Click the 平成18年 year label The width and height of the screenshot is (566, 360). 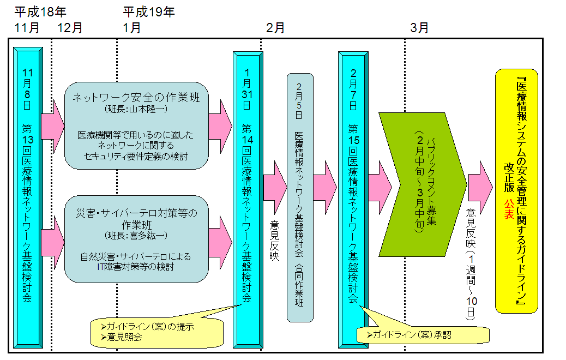pyautogui.click(x=41, y=11)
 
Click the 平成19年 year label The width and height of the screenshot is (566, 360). pyautogui.click(x=148, y=11)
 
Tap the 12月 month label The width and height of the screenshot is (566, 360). pyautogui.click(x=70, y=27)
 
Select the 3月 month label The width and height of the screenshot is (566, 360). pyautogui.click(x=419, y=27)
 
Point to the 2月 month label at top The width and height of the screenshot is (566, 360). pyautogui.click(x=275, y=27)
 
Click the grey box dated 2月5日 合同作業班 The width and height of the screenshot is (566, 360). pyautogui.click(x=300, y=196)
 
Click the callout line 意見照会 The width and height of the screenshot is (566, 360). pyautogui.click(x=125, y=338)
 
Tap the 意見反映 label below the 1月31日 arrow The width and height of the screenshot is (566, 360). pyautogui.click(x=274, y=240)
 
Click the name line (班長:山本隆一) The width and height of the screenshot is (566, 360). pyautogui.click(x=136, y=109)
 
